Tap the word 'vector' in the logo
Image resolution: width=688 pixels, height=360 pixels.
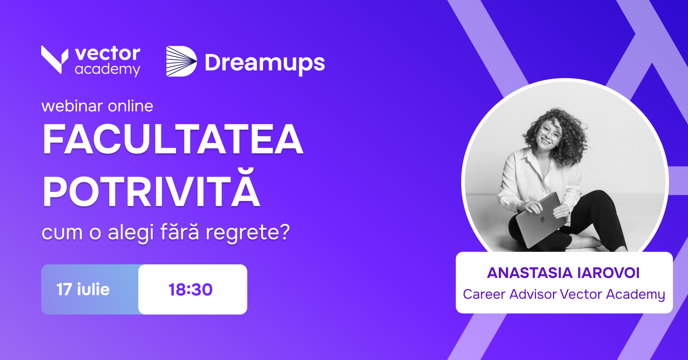108,54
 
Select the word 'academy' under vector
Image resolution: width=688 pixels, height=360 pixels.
107,69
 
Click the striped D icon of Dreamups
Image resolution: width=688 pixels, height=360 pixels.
181,61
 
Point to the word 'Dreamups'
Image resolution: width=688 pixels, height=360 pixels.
265,63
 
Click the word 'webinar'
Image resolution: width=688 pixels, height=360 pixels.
72,106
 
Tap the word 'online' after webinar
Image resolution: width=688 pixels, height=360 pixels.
130,106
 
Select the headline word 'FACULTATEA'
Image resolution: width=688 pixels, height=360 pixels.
173,139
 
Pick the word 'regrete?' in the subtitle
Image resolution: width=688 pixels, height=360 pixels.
248,233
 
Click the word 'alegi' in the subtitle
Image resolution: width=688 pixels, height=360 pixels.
131,233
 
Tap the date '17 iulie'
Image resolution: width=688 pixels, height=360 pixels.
83,289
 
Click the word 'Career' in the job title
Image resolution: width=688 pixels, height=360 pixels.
484,294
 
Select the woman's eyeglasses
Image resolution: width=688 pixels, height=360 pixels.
550,132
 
